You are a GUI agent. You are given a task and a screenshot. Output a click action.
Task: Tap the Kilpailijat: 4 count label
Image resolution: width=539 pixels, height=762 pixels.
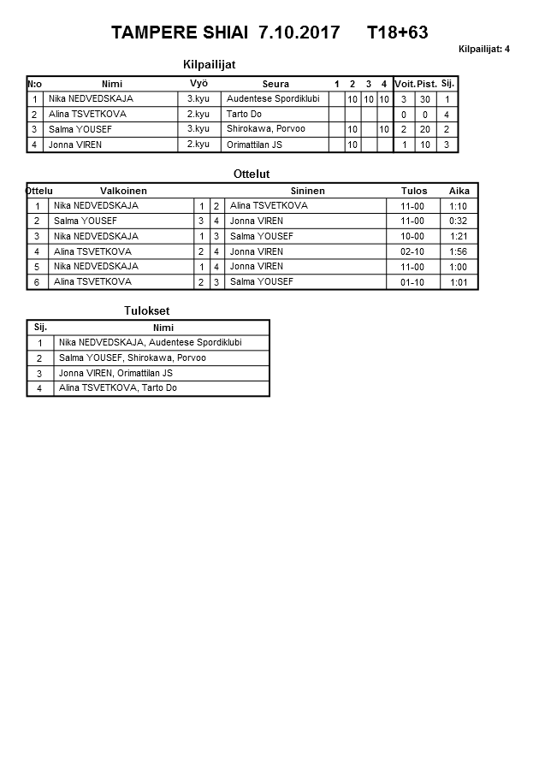(484, 49)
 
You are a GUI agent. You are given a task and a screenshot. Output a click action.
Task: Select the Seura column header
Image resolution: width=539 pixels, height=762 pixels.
(275, 84)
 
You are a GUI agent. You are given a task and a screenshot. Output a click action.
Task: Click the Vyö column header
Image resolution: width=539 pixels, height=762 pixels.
(198, 84)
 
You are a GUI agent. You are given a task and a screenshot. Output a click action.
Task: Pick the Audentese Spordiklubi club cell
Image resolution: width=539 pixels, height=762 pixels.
(273, 99)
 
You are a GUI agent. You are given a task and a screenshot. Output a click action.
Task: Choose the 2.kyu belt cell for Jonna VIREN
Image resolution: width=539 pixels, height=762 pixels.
(198, 145)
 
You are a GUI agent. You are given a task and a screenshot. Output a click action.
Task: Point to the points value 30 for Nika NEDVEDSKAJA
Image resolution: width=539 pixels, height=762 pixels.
(425, 99)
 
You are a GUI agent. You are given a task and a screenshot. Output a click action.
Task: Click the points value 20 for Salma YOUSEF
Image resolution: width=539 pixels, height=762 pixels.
(425, 130)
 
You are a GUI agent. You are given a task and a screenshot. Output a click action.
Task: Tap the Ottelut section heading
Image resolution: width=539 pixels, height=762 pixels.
(252, 174)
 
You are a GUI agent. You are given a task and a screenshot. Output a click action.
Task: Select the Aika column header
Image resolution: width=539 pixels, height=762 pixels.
(459, 191)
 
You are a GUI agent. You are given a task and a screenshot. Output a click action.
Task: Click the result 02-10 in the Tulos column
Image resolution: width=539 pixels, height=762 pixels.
(412, 251)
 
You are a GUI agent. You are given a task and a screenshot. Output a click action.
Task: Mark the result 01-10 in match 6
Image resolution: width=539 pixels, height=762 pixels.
(412, 282)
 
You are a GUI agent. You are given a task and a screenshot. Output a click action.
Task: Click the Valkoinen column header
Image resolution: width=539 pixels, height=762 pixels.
(123, 191)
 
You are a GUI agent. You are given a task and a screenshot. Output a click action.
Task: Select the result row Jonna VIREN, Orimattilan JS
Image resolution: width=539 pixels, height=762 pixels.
(115, 373)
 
